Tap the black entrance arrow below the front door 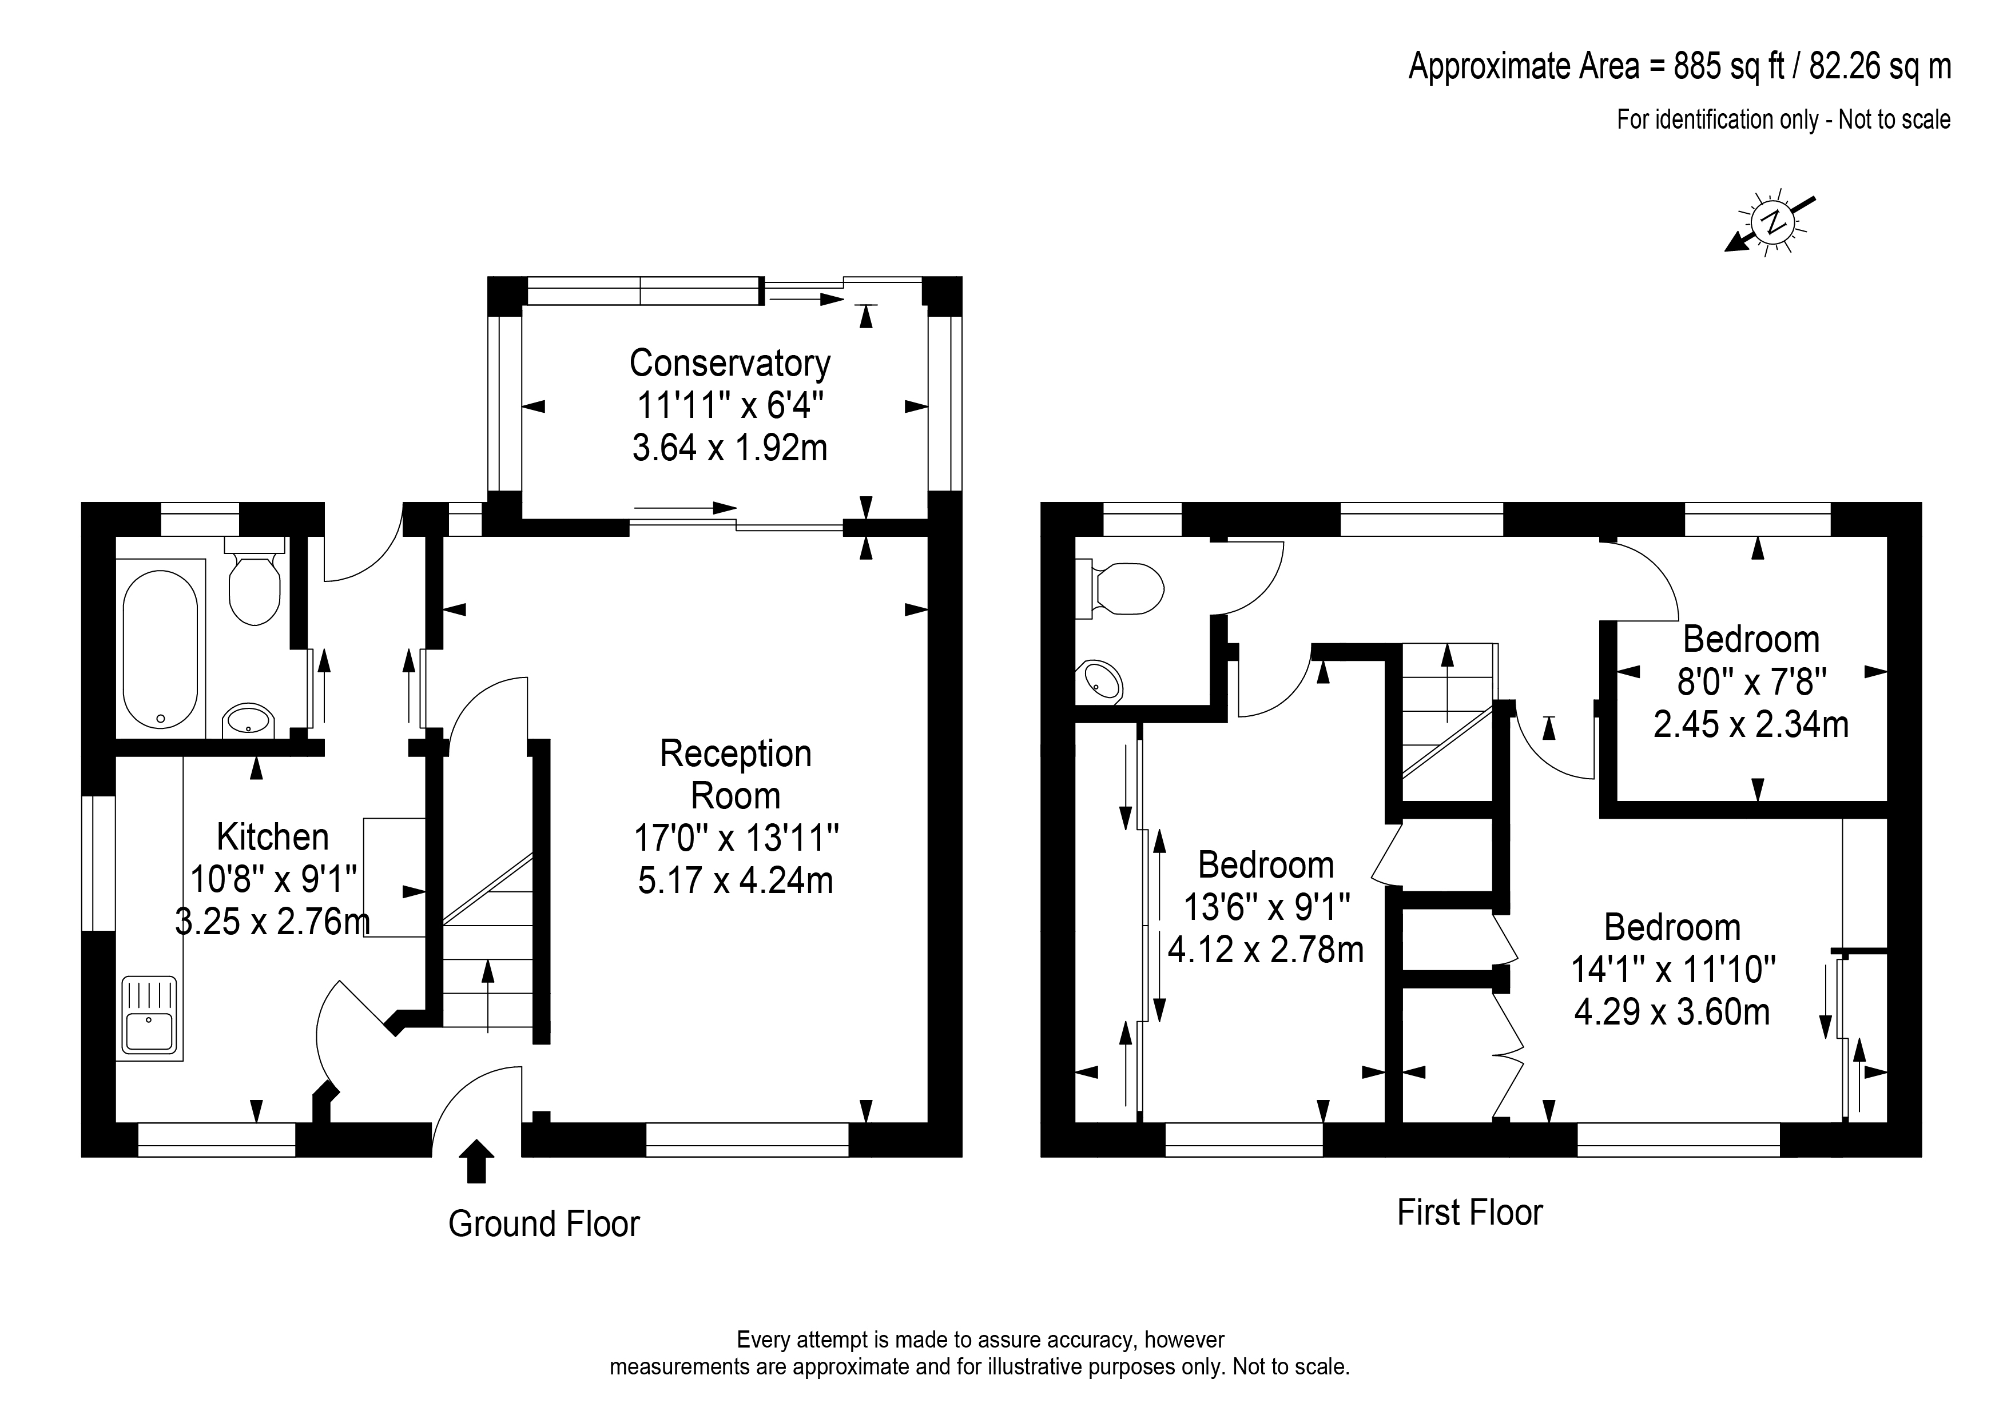click(476, 1161)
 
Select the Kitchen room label click(273, 837)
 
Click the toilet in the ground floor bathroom click(255, 580)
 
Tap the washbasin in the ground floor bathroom click(249, 722)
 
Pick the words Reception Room click(735, 774)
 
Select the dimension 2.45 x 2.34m click(1751, 724)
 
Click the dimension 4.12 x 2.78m click(1266, 950)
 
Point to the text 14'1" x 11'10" click(1673, 970)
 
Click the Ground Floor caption click(544, 1224)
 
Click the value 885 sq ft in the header click(1728, 66)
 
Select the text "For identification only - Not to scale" click(1783, 119)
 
